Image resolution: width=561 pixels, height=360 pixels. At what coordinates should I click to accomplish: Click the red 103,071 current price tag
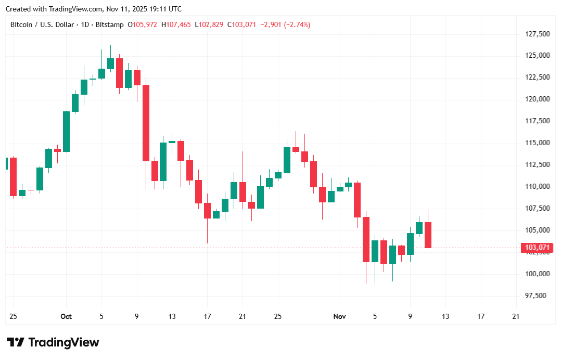pos(535,248)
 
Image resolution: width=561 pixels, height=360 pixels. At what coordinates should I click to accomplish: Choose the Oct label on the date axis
pos(66,316)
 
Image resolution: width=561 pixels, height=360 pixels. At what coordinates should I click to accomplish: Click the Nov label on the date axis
pos(339,316)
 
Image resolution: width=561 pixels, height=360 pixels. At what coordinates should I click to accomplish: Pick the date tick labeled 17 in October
pos(207,316)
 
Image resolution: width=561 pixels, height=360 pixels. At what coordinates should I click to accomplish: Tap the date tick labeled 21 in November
pos(516,316)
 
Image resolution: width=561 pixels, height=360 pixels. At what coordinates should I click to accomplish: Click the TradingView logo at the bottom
pos(53,342)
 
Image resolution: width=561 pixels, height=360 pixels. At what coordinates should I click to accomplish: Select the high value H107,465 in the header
pos(176,24)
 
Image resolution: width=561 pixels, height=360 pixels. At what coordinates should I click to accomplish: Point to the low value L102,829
pos(210,24)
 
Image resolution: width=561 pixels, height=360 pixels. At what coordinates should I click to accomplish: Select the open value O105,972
pos(143,24)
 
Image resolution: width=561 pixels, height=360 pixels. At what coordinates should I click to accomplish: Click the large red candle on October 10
pos(146,123)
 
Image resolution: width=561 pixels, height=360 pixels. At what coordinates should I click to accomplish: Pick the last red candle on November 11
pos(428,235)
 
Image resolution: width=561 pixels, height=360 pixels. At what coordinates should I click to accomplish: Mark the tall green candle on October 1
pos(67,132)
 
